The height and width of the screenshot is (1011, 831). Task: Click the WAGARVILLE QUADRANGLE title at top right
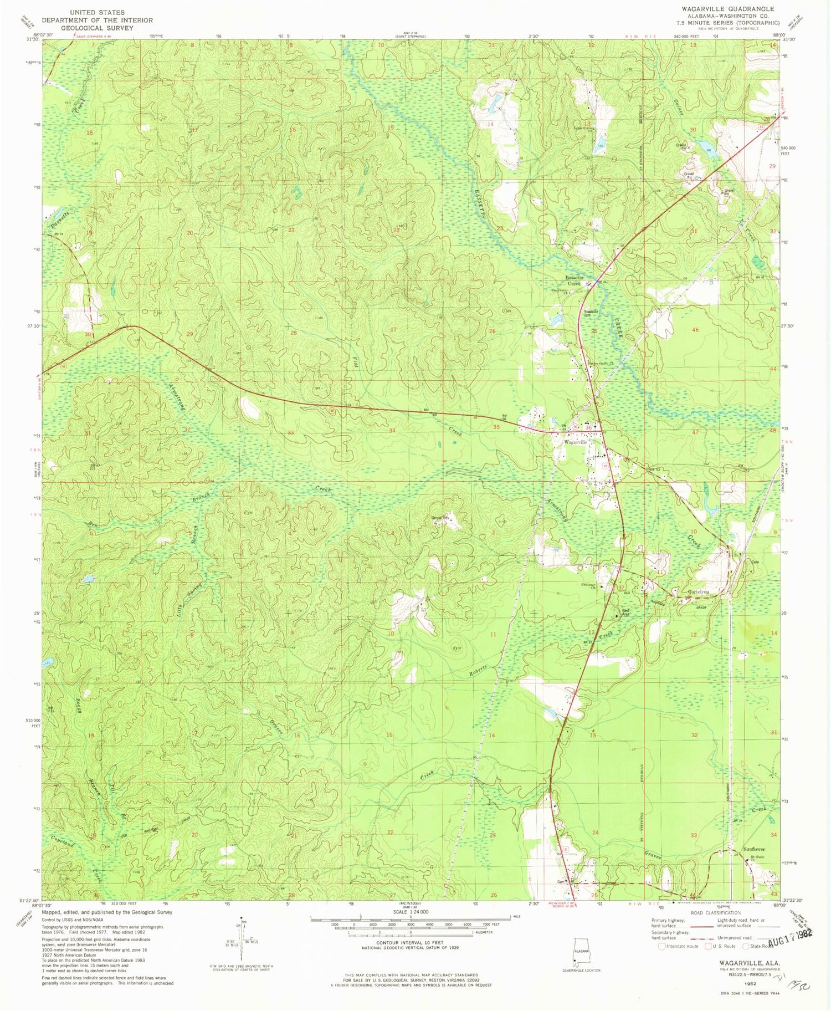pyautogui.click(x=728, y=9)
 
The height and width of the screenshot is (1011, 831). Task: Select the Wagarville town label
pyautogui.click(x=576, y=442)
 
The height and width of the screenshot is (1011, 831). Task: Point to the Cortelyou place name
pyautogui.click(x=698, y=591)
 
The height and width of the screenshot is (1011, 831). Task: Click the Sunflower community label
pyautogui.click(x=754, y=849)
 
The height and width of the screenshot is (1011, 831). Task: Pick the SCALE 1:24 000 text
pyautogui.click(x=411, y=911)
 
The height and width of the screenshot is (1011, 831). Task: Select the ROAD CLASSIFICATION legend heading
pyautogui.click(x=715, y=912)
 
